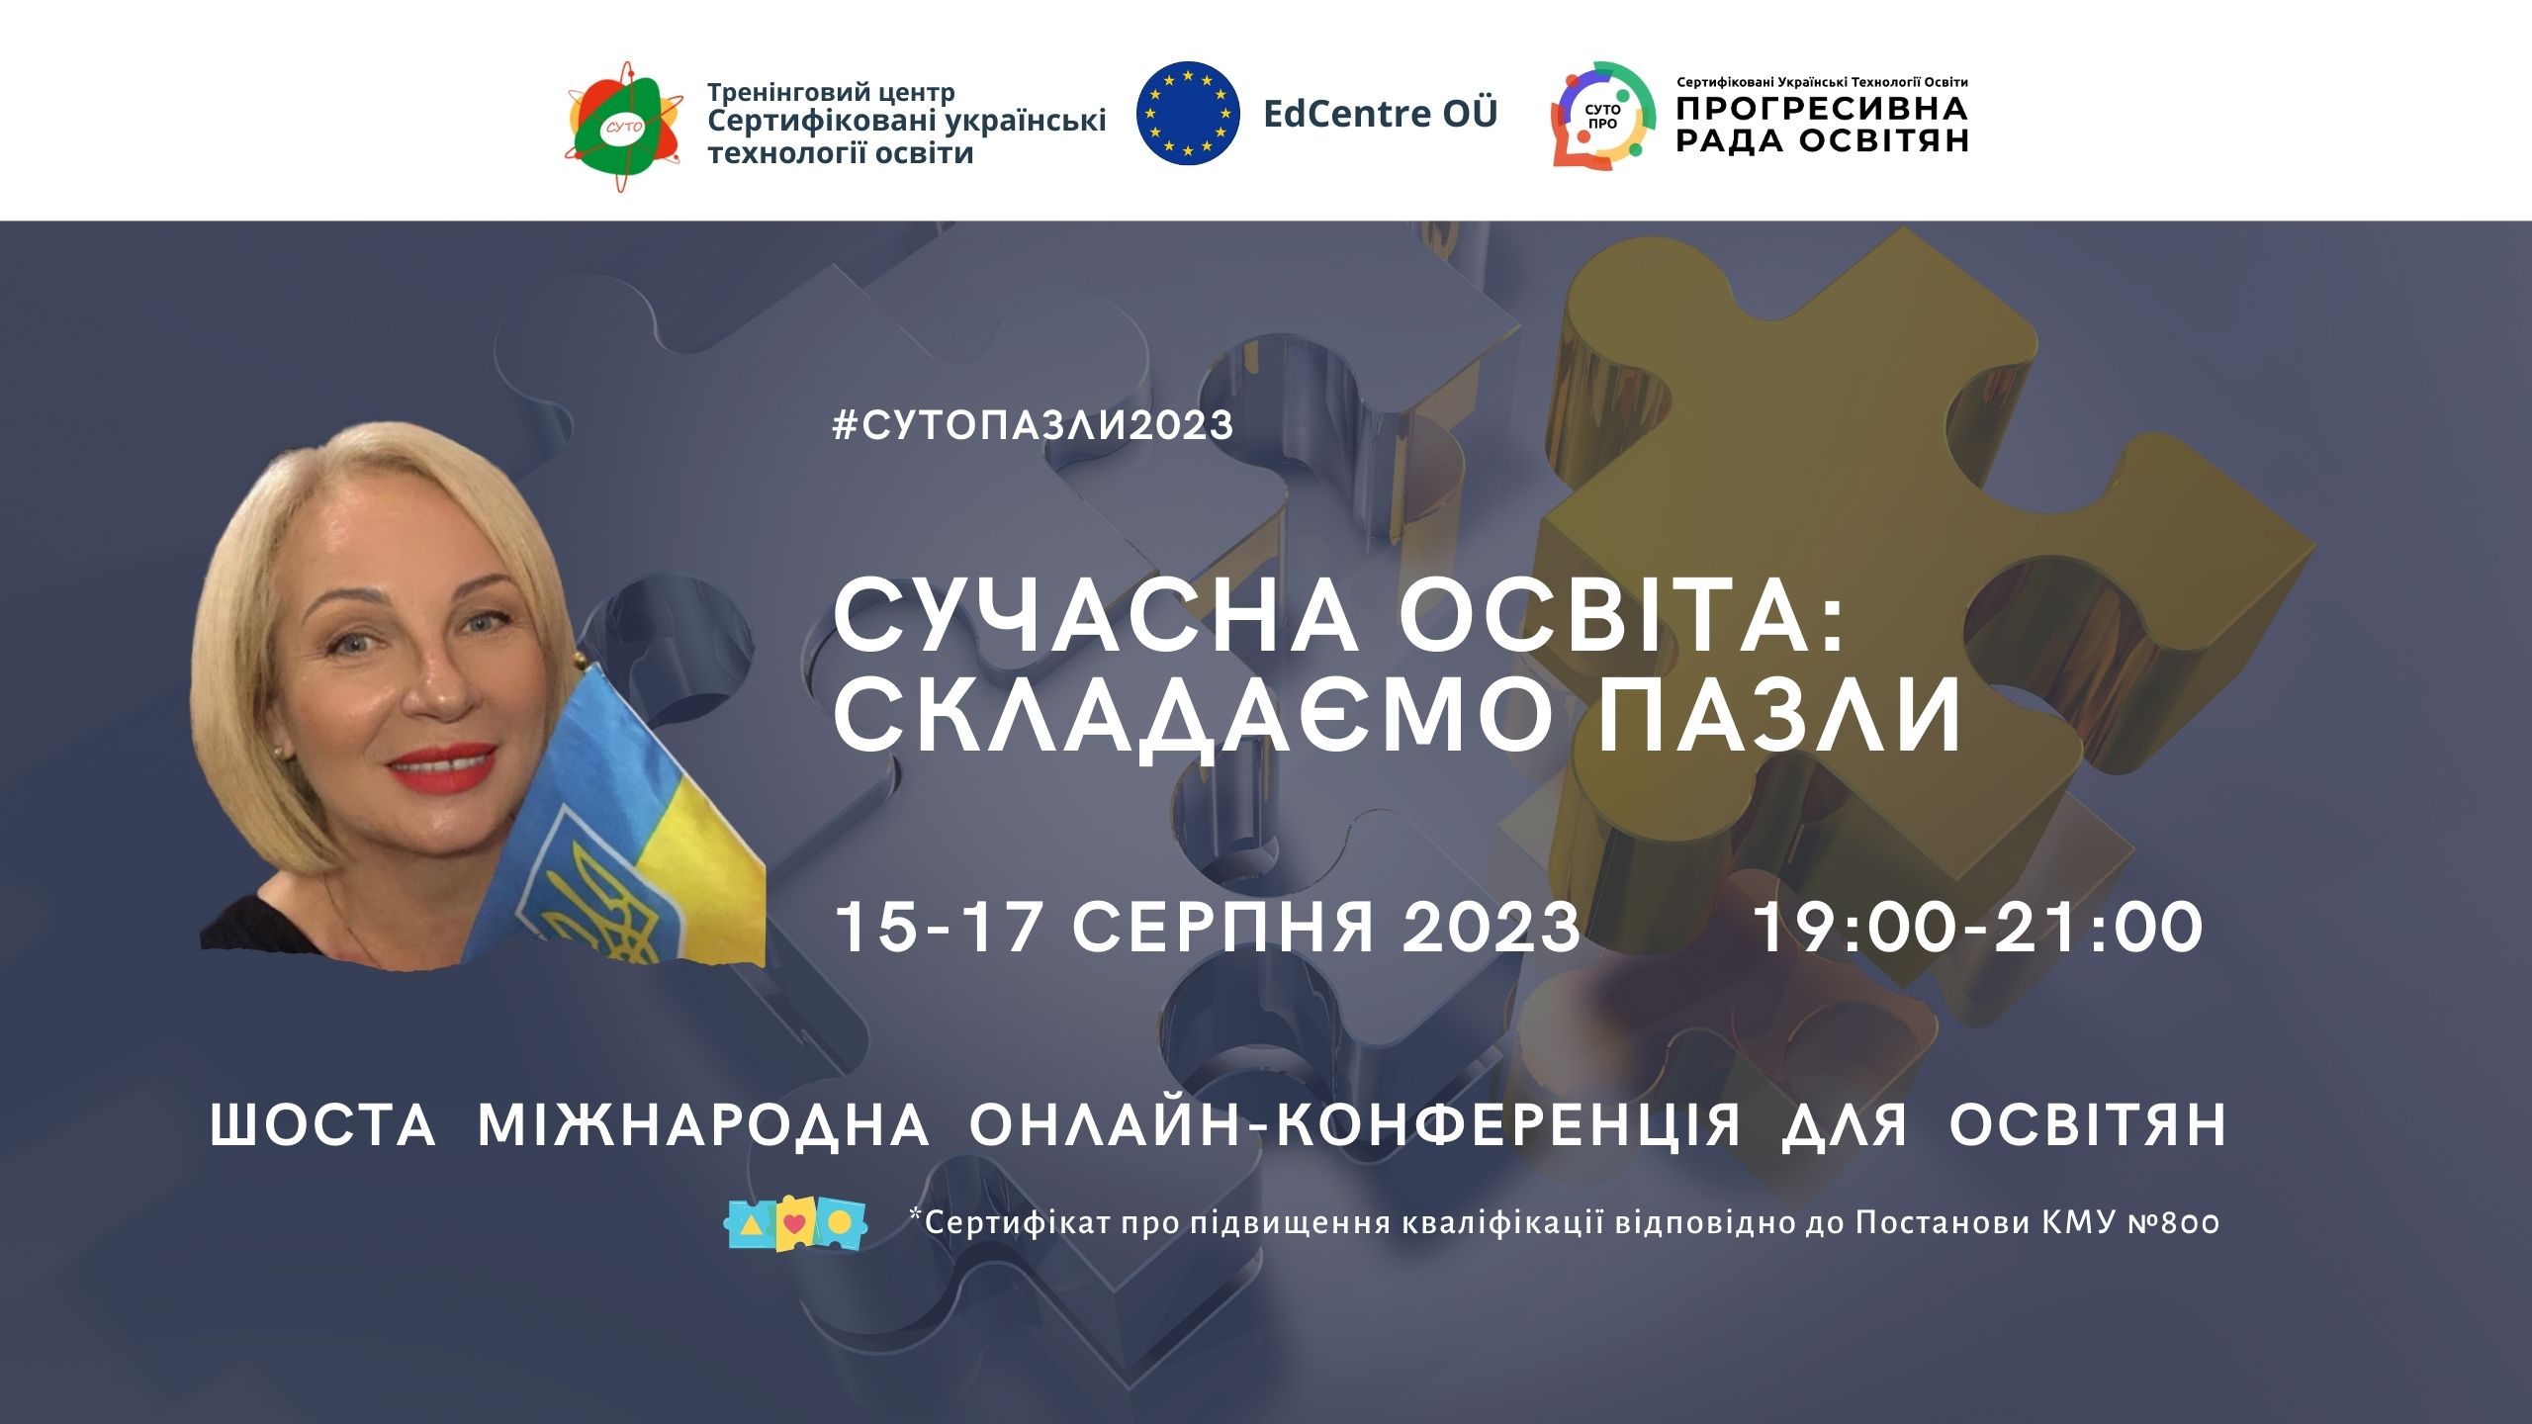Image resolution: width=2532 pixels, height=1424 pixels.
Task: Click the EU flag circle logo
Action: (1188, 113)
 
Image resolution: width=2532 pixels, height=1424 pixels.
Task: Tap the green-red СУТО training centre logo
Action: (623, 126)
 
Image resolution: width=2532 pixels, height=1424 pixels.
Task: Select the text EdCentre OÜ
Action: (1381, 114)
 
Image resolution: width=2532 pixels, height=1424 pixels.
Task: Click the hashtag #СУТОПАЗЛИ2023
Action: (1034, 425)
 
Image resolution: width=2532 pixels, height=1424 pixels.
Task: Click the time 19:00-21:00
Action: (1979, 928)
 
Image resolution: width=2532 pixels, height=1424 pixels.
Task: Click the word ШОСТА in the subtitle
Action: (323, 1125)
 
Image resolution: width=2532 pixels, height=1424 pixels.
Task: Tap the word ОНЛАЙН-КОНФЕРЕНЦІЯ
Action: (1355, 1125)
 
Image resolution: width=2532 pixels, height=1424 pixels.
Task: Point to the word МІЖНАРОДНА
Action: (703, 1125)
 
